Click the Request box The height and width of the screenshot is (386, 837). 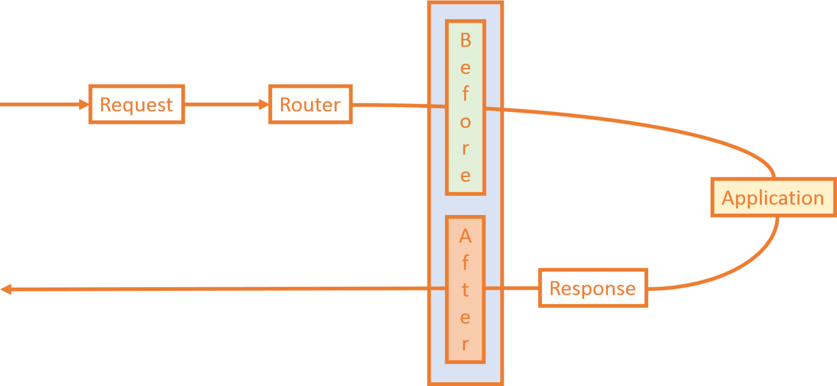point(137,105)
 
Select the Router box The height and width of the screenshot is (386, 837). point(310,105)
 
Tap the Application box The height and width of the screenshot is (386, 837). point(773,198)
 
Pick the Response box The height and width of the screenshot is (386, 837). point(593,288)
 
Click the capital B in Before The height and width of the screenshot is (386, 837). point(466,40)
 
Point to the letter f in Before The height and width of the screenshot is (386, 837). point(466,94)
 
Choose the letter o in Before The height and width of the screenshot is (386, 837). point(466,122)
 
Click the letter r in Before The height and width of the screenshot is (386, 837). point(465,148)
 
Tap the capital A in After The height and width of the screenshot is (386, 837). point(465,236)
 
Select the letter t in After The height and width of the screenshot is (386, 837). point(465,289)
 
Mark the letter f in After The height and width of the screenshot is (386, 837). point(465,262)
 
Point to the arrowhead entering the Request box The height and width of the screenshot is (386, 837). point(84,105)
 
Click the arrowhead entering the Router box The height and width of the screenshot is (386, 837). point(263,105)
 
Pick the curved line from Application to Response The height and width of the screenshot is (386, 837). point(743,264)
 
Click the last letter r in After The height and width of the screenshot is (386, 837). point(465,345)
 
